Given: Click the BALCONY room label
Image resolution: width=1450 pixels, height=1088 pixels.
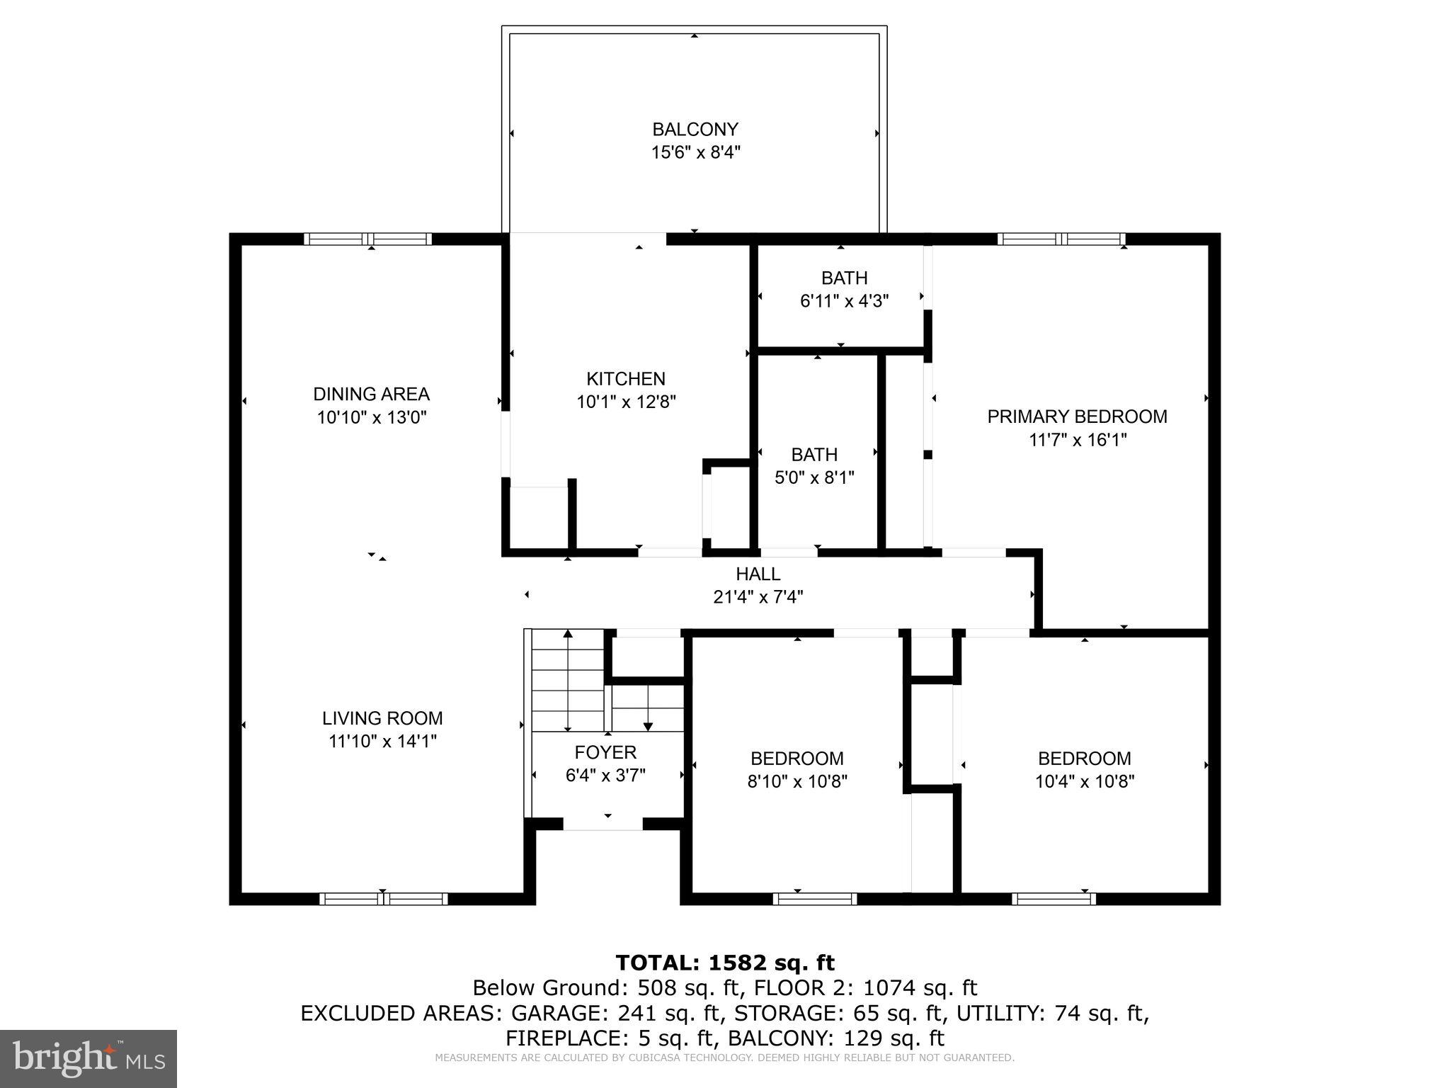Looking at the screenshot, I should pos(695,129).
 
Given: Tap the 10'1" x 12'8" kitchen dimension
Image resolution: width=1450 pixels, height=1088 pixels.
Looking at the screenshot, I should pos(626,402).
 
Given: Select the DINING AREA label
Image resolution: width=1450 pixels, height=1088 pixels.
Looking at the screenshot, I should pos(371,393).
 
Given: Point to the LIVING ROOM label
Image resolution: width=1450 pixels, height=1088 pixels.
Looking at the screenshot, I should pos(382,718).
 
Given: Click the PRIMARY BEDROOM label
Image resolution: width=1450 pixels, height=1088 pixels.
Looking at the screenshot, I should pos(1077,416).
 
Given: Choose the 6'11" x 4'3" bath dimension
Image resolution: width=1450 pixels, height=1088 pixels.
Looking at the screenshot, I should pos(844,301).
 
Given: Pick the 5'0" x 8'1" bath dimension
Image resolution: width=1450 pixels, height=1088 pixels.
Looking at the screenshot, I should pos(814,477).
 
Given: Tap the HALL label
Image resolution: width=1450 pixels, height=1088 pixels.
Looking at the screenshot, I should pos(758,574).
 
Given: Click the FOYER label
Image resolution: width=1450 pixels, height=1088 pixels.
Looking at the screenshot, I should pos(605,752).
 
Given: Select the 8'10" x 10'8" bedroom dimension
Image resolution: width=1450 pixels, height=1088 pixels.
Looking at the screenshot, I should pos(797,781).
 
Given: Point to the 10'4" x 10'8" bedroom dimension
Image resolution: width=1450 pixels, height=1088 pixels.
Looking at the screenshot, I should pos(1084,781).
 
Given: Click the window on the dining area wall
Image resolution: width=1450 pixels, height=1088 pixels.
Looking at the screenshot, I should pos(367,239).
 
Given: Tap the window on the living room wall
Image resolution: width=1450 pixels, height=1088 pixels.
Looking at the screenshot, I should pos(383,899).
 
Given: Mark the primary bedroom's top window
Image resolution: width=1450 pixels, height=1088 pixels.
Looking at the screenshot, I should pos(1061,239).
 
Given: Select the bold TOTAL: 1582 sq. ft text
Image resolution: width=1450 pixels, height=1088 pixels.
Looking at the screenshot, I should pos(725,963).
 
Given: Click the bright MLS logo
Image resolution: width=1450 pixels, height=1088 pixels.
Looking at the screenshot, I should pos(89,1058).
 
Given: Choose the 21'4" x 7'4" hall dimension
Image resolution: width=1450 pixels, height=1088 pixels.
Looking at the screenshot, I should pos(758,597).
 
